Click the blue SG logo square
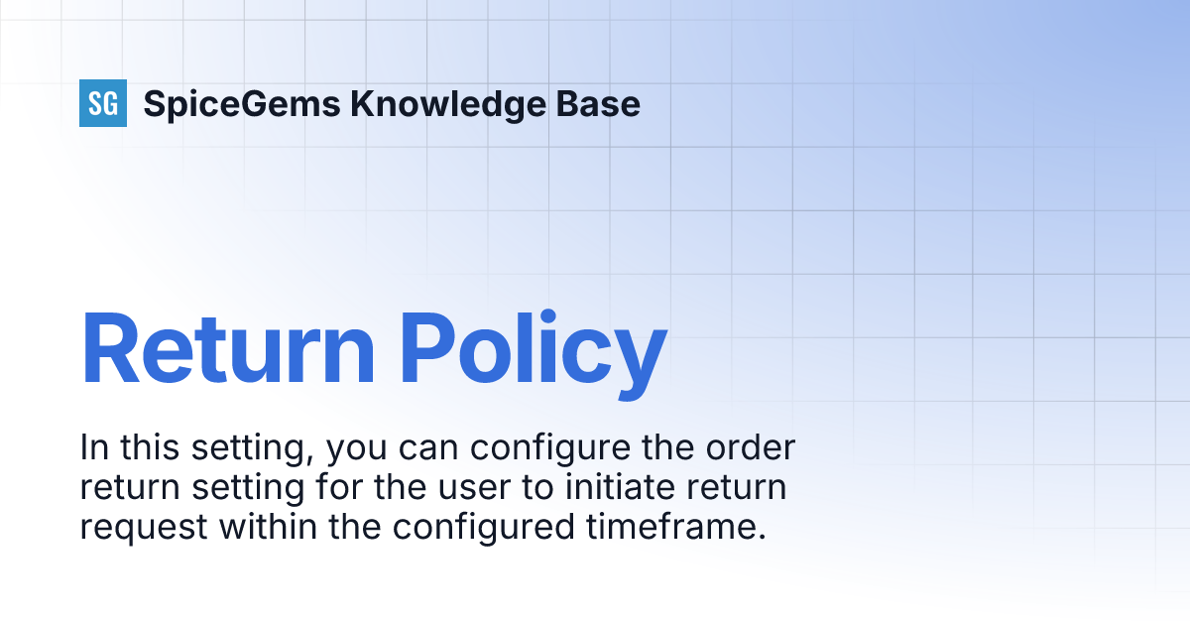103,103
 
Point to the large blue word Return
228,349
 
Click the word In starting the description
90,448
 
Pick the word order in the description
751,448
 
